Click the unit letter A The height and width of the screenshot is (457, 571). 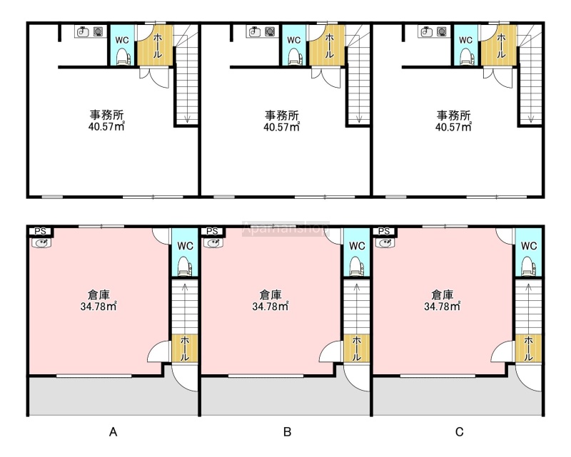[113, 432]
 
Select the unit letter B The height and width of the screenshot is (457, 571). [288, 432]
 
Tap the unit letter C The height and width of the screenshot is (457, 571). [460, 432]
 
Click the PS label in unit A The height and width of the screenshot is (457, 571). [40, 231]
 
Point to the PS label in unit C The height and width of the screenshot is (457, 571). [384, 231]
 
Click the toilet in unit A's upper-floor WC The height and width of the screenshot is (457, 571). [123, 58]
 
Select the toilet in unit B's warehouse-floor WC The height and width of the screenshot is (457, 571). [356, 267]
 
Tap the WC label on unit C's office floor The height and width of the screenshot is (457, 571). [466, 40]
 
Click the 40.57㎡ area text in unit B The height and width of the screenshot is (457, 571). [281, 127]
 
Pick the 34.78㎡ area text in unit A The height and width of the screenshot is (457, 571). [98, 307]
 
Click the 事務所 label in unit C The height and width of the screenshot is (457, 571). [454, 115]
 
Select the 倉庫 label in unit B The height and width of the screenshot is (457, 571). [271, 294]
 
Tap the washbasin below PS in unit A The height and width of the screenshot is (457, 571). [41, 242]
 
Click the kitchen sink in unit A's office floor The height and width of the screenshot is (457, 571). [83, 31]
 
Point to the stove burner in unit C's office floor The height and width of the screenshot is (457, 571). [442, 31]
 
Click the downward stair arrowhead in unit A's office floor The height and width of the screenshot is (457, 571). [187, 119]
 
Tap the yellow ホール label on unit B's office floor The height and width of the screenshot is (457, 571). [329, 46]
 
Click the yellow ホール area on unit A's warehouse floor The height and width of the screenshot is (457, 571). [185, 349]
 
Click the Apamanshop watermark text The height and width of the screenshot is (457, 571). [286, 228]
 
